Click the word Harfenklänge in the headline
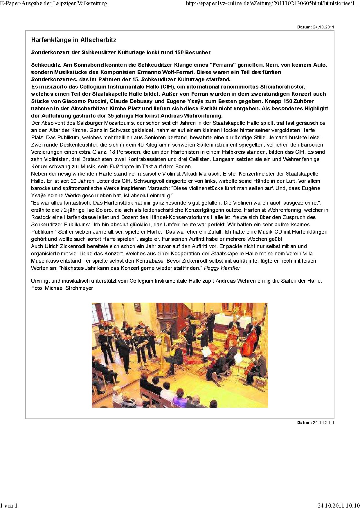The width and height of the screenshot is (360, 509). click(48, 40)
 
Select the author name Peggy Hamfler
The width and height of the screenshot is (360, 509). click(222, 268)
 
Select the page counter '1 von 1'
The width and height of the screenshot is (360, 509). click(9, 505)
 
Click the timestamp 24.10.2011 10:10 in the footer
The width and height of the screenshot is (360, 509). click(339, 505)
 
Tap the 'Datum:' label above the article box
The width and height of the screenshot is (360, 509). click(304, 27)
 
